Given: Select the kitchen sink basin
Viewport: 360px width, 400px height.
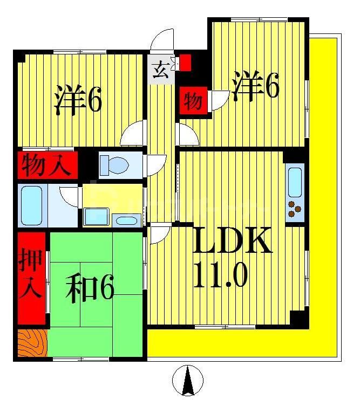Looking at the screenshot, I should [295, 182].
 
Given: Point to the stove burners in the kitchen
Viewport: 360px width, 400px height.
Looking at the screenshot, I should [295, 209].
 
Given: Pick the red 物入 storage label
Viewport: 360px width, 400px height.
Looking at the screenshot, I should [46, 165].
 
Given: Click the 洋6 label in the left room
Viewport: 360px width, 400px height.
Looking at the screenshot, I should [78, 100].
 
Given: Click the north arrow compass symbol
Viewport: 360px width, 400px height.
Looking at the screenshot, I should [188, 381].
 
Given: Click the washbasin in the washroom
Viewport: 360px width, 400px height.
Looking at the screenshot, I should [127, 219].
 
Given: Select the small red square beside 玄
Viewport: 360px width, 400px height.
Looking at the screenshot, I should [185, 63].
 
